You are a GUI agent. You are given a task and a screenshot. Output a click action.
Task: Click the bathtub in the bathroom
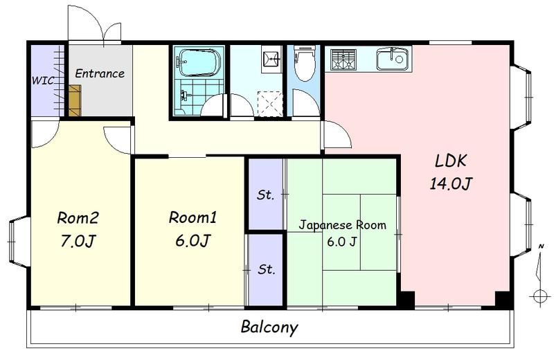tap(199, 62)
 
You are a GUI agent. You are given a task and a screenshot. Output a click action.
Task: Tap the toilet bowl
tap(305, 64)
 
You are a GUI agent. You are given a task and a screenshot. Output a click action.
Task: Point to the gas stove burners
tap(343, 59)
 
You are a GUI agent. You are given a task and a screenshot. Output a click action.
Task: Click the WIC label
tap(43, 80)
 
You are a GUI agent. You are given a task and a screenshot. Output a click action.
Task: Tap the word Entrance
tap(100, 73)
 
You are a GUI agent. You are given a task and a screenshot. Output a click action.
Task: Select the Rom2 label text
tap(78, 218)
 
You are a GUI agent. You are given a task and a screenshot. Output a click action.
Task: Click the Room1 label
tap(193, 217)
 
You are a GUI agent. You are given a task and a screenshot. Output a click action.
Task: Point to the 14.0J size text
tap(451, 183)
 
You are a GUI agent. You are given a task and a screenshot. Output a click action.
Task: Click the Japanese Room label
tap(342, 225)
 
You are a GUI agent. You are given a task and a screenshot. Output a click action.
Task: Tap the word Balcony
tap(269, 327)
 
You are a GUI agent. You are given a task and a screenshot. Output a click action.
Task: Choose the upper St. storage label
tap(265, 195)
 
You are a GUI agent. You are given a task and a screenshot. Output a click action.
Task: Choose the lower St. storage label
tap(267, 269)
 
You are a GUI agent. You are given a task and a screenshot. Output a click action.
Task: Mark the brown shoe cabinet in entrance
tap(75, 100)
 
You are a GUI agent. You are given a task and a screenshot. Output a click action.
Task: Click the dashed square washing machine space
tap(270, 104)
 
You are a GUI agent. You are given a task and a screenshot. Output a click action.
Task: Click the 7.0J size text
tap(78, 242)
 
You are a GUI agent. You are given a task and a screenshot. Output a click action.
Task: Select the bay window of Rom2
tap(19, 242)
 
